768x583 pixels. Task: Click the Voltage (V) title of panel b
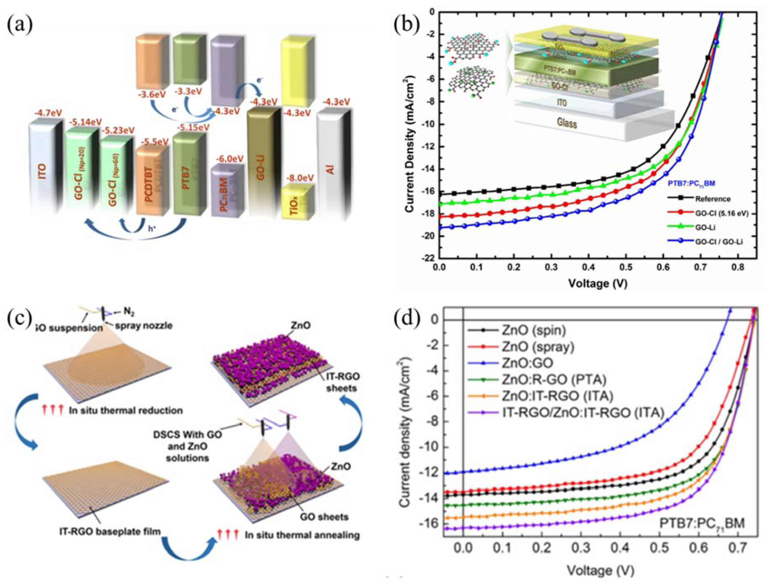coord(598,284)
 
